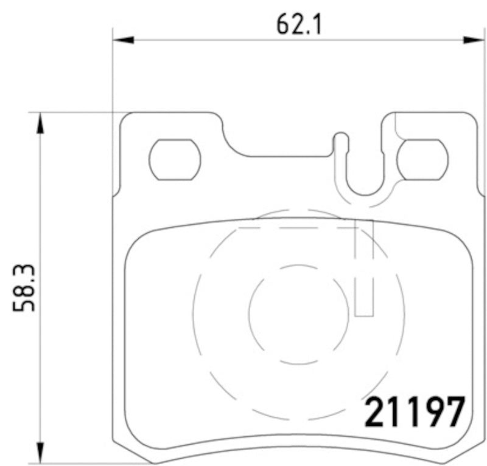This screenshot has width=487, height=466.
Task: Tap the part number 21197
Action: pos(414,412)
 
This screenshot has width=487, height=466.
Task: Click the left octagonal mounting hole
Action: pos(175,159)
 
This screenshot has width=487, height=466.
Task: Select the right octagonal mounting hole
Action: pos(422,159)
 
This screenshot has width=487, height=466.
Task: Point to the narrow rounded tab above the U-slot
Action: pos(341,142)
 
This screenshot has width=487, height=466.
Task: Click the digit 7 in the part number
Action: pos(454,412)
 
